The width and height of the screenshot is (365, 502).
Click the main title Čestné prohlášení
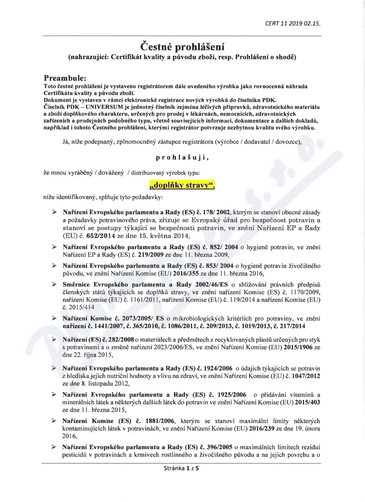point(182,46)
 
